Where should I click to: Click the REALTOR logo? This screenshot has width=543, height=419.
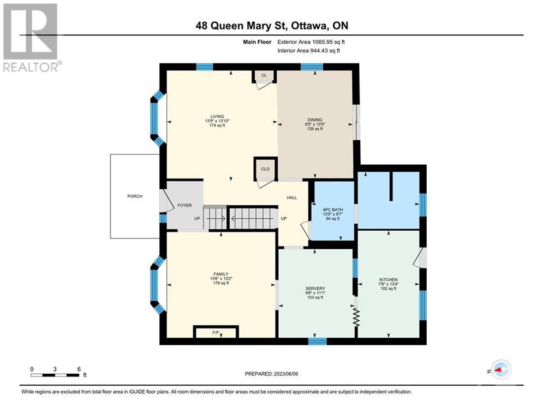click(x=31, y=38)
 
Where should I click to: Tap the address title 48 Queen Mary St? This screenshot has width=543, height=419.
click(x=242, y=26)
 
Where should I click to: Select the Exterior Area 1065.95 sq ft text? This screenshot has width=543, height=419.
click(x=311, y=42)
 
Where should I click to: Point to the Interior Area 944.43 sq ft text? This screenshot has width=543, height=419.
click(x=308, y=51)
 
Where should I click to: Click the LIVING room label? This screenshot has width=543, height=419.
click(x=217, y=116)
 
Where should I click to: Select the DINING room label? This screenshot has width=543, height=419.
click(x=315, y=120)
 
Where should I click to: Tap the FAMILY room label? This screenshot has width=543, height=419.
click(x=221, y=274)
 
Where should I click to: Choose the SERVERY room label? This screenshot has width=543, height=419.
click(x=315, y=289)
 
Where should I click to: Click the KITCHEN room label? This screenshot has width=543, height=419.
click(x=389, y=279)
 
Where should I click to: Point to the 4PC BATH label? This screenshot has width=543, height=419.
click(x=333, y=210)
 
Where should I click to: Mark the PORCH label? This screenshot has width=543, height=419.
click(x=135, y=196)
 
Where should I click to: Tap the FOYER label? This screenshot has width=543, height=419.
click(x=184, y=205)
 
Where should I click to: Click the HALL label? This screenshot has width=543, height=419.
click(x=292, y=197)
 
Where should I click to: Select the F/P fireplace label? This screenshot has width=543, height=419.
click(x=216, y=332)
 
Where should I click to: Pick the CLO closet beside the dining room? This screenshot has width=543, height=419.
click(x=265, y=169)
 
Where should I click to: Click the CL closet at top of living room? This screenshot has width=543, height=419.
click(x=264, y=75)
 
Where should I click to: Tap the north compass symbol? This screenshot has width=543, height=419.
click(x=501, y=370)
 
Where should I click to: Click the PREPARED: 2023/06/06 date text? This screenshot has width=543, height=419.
click(x=272, y=374)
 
